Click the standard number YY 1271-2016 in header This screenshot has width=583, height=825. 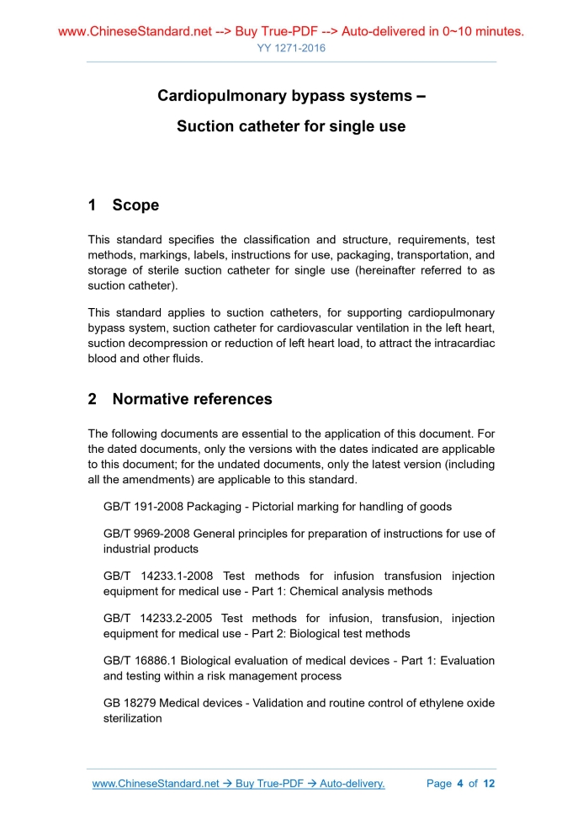291,48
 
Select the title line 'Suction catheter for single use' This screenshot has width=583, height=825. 291,127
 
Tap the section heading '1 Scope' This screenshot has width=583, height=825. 124,205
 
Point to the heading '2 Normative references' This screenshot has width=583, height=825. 180,399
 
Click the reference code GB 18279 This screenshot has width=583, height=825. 130,703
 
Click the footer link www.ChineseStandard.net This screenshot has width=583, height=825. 156,784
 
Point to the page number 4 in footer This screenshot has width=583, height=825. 460,784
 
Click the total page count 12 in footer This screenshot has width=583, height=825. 488,784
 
